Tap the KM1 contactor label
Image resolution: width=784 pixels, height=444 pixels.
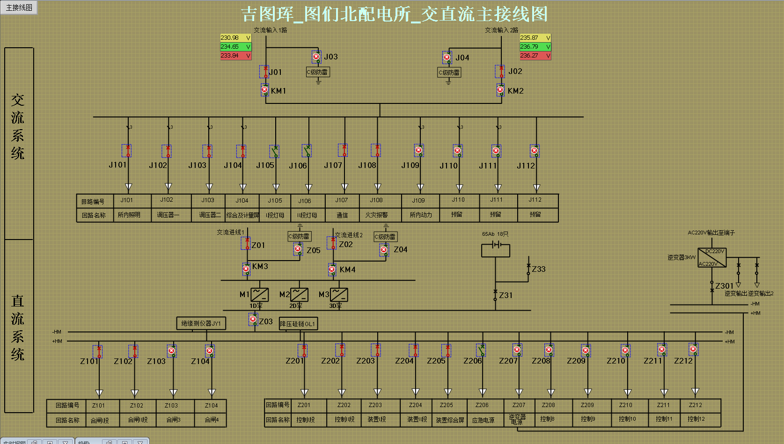click(x=278, y=91)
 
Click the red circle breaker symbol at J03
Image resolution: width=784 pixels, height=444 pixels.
click(x=316, y=57)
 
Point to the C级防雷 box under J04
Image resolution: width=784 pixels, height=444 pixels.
click(x=449, y=73)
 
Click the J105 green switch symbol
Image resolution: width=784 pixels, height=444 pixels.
click(x=275, y=151)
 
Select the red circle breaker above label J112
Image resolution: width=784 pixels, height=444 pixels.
click(x=534, y=151)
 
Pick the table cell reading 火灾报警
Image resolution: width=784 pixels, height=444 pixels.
click(x=376, y=215)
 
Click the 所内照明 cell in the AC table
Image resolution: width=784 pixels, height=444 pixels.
click(x=129, y=215)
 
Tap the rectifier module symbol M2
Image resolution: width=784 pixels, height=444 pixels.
click(x=299, y=295)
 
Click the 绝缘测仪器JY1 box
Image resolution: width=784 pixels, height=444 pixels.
click(x=201, y=323)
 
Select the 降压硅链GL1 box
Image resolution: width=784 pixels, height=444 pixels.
click(x=298, y=324)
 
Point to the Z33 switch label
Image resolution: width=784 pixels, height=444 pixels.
click(x=539, y=269)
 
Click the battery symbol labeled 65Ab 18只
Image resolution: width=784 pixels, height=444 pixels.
click(x=496, y=245)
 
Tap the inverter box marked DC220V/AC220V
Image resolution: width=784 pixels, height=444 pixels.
click(x=711, y=258)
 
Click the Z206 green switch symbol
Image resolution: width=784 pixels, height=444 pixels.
click(x=481, y=349)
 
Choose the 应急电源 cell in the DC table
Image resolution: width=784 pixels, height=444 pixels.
click(x=483, y=420)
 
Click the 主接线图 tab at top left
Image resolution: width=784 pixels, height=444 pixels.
click(x=19, y=7)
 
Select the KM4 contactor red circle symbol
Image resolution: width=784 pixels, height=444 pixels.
click(x=332, y=269)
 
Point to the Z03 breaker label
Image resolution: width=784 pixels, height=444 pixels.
click(x=266, y=321)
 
